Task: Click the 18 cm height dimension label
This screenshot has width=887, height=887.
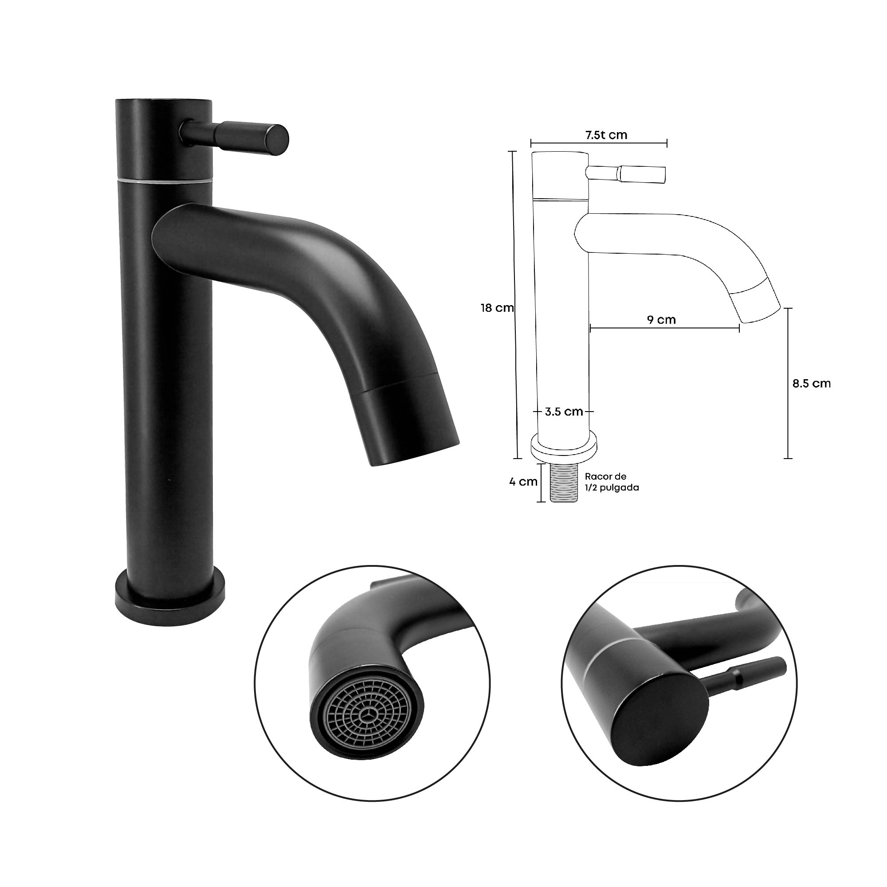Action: pyautogui.click(x=497, y=308)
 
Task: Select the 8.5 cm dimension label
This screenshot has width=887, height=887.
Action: pyautogui.click(x=811, y=383)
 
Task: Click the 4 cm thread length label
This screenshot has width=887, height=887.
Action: pyautogui.click(x=523, y=482)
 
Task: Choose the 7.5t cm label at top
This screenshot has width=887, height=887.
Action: pyautogui.click(x=605, y=135)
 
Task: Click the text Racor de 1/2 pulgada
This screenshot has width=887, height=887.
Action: pyautogui.click(x=611, y=482)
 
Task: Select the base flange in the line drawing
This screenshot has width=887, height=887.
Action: pyautogui.click(x=564, y=447)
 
